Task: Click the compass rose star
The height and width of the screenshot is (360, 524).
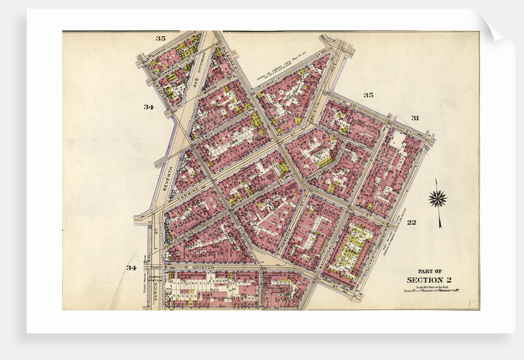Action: coord(438,198)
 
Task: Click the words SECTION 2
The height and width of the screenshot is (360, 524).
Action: coord(429,280)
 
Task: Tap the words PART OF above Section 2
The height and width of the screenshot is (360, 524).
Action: coord(429,271)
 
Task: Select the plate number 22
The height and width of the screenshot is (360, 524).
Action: coord(412,223)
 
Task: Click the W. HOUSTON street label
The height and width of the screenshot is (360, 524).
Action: coord(199,268)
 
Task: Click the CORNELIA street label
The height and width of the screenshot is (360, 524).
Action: coord(279,84)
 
